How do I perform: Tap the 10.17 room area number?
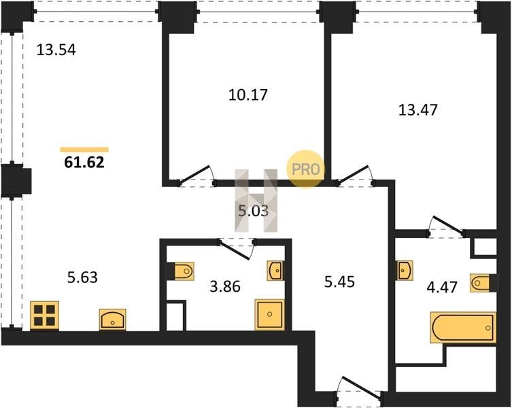pos(247,94)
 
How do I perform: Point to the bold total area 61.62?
pos(84,163)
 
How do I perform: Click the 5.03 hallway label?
pos(253,211)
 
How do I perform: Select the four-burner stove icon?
pos(46,316)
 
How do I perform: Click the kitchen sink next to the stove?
pos(112,318)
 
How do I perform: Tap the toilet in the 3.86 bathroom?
pos(182,271)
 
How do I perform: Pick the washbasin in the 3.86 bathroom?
pos(275,271)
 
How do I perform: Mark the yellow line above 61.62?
pos(84,150)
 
